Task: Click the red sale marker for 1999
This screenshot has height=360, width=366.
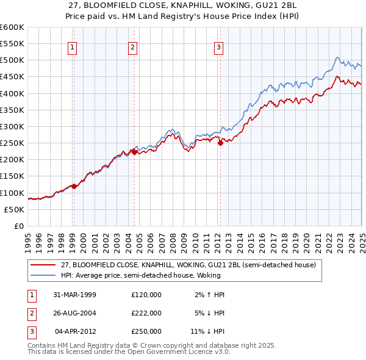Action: [74, 186]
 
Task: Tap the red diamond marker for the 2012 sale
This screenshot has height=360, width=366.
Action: [220, 143]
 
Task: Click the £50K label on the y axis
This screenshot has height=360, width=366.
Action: [15, 209]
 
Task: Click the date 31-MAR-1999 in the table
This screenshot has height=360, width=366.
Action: [75, 295]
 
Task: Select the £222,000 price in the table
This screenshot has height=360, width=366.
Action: [146, 313]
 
